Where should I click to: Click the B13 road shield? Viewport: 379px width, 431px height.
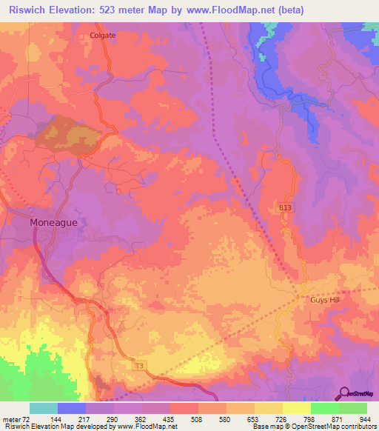coord(286,210)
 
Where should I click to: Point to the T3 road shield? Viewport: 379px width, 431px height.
coord(138,366)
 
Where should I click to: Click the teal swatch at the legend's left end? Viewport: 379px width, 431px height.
coord(44,408)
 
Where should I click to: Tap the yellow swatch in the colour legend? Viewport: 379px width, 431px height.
coord(296,408)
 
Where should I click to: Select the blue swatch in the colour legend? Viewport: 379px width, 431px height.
coord(72,408)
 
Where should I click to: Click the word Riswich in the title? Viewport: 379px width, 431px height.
coord(27,10)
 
